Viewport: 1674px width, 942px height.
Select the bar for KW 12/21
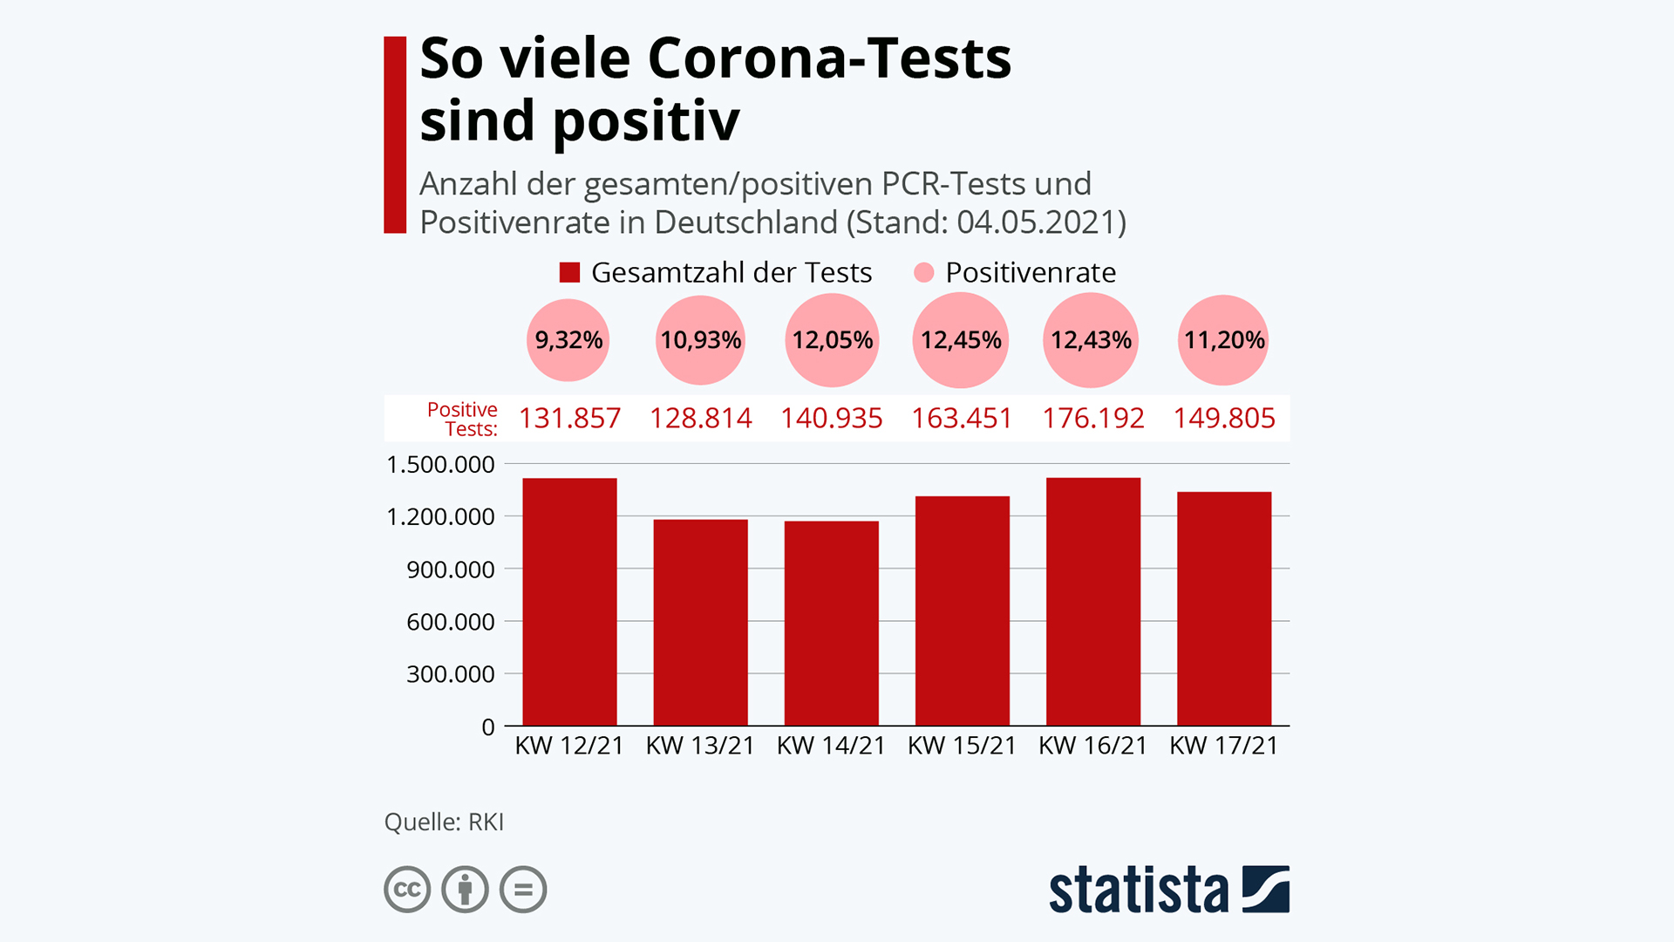[x=569, y=602]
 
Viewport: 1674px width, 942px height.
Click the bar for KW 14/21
[x=831, y=623]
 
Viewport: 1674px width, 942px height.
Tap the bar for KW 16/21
[x=1092, y=602]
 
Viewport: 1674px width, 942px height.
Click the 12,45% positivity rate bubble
[x=961, y=340]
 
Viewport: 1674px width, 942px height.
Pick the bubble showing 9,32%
[x=568, y=340]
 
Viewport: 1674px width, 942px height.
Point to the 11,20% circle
[x=1223, y=340]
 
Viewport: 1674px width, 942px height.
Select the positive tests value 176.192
[x=1092, y=419]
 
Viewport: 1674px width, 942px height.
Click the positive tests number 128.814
[x=700, y=419]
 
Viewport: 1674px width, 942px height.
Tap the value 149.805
[x=1223, y=419]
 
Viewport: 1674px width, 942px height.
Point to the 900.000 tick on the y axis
[x=450, y=570]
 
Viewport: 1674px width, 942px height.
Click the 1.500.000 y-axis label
[x=440, y=465]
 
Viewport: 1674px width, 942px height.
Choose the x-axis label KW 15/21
[x=962, y=746]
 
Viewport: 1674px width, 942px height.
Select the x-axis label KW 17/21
[x=1223, y=746]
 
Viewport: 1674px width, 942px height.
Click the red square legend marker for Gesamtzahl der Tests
[x=569, y=273]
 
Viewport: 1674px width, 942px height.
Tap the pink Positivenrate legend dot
[x=923, y=273]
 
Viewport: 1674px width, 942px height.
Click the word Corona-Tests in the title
[x=829, y=59]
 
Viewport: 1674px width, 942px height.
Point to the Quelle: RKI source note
[x=444, y=823]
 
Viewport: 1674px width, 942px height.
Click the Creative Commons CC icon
[x=407, y=890]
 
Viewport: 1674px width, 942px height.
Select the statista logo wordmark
[x=1138, y=891]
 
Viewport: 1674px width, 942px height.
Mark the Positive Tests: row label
[x=462, y=420]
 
